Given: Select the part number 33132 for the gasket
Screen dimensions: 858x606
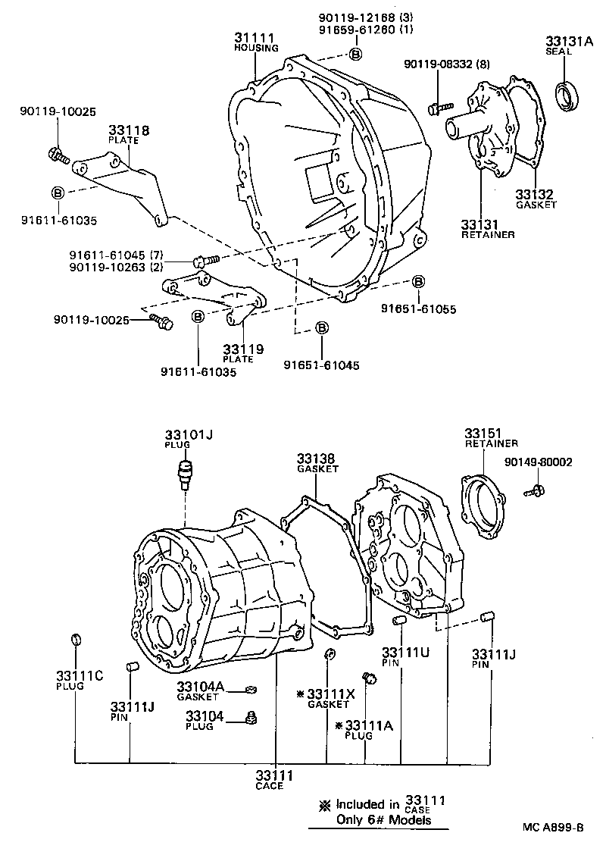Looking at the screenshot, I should tap(536, 194).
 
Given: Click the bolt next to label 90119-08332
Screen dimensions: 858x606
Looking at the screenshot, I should tap(438, 108).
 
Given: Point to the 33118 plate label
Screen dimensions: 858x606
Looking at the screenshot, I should tap(128, 130).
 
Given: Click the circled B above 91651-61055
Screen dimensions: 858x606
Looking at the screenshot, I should tap(417, 282).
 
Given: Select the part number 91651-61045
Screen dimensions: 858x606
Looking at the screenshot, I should tap(321, 365).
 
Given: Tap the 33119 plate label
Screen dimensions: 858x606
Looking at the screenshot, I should tap(243, 349).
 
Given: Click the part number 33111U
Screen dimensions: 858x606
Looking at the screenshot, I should tap(401, 652).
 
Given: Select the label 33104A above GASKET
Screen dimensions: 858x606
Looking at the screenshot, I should tap(201, 687).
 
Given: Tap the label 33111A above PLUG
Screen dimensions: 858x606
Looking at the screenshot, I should tap(368, 725).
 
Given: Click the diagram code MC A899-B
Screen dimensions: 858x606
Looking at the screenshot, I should tap(553, 828).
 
